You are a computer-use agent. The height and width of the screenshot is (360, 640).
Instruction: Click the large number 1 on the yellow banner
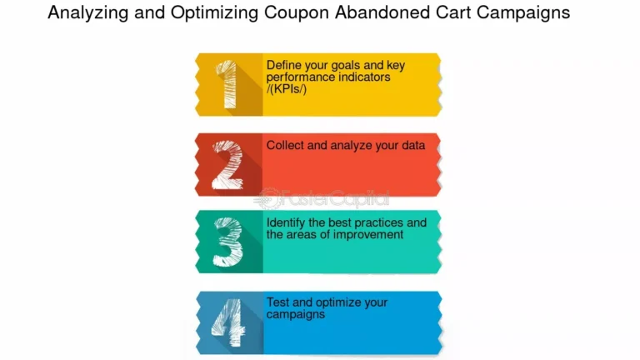(228, 85)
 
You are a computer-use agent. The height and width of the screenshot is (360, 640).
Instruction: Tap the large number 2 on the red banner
(227, 165)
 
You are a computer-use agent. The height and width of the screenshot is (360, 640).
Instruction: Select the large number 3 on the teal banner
(227, 242)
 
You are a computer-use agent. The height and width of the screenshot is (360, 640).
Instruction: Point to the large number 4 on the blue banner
(227, 322)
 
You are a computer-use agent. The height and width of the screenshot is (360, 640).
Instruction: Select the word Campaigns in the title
(530, 13)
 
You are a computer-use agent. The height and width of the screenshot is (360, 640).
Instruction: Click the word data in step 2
(412, 145)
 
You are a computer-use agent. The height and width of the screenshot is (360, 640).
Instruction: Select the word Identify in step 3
(285, 223)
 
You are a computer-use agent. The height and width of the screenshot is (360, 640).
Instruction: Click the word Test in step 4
(278, 302)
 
